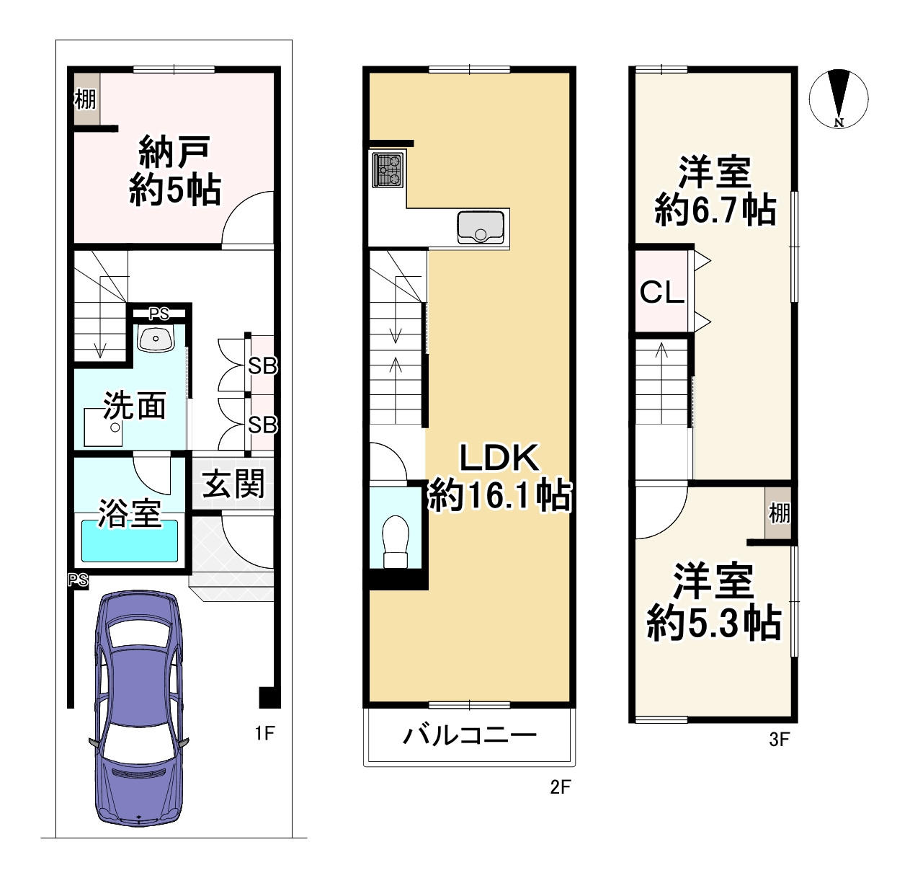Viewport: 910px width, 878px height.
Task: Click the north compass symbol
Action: (x=839, y=99)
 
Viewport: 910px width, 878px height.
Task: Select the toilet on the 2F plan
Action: (x=396, y=541)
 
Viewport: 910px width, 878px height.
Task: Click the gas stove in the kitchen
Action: (x=388, y=169)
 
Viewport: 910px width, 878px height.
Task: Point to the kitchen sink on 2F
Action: (x=481, y=227)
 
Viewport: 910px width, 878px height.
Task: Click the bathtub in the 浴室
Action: (x=130, y=541)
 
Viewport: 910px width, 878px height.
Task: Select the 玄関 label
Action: (x=233, y=484)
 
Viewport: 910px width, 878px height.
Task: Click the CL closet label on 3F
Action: (x=661, y=292)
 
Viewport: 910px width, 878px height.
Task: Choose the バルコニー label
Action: (x=470, y=736)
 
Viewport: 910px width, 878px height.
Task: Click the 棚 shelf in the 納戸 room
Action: (x=85, y=98)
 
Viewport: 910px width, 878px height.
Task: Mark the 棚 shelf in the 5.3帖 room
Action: (x=779, y=513)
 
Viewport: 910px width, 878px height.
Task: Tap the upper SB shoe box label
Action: (x=262, y=366)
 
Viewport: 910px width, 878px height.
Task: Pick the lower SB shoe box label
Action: (x=262, y=425)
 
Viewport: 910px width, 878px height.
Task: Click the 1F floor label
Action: (x=264, y=733)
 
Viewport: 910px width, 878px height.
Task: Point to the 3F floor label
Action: (x=779, y=740)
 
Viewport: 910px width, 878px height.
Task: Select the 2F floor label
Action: (x=560, y=787)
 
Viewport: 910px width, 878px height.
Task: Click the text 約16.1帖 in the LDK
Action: (x=500, y=496)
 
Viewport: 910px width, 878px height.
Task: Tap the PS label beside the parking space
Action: (x=79, y=580)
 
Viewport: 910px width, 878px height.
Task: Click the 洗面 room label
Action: (x=135, y=406)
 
